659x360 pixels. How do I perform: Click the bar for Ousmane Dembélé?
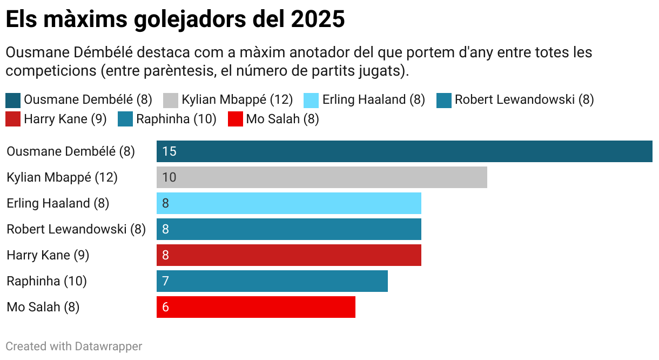404,151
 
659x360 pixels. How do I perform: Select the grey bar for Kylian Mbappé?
322,177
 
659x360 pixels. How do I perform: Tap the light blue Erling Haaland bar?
289,203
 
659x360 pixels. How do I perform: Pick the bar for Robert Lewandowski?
289,229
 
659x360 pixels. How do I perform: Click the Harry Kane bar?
289,255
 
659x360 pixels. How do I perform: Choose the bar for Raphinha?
272,281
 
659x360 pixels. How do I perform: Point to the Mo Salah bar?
256,307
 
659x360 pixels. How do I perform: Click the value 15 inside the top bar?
169,151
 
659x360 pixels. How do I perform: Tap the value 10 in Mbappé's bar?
169,177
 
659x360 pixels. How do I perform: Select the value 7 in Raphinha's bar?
165,281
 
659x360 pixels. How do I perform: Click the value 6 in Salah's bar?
165,307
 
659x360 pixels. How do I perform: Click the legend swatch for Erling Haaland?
311,100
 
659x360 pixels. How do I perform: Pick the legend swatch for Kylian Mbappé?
170,100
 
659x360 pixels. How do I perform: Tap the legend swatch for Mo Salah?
235,119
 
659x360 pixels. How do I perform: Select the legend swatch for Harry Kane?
13,119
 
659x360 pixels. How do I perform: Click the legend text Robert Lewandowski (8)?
524,100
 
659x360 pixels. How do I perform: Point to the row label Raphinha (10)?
46,281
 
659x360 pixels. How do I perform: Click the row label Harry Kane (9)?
48,255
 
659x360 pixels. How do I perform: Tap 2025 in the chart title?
317,19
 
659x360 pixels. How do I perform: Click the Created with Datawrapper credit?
73,346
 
